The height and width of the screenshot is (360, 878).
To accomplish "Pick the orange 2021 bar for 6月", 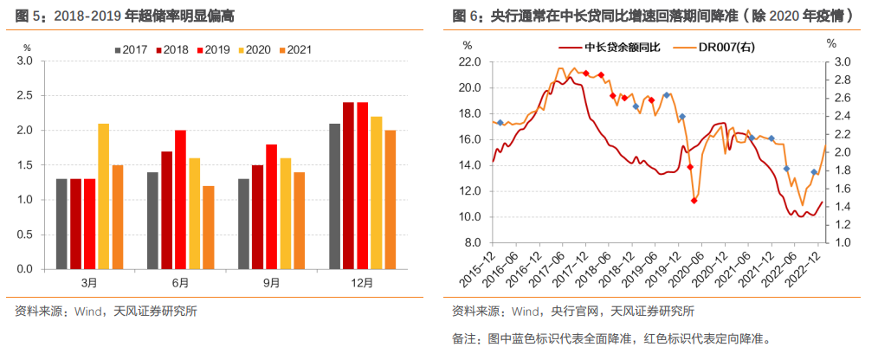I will [x=208, y=227].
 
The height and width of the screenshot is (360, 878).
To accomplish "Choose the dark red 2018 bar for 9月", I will [x=257, y=216].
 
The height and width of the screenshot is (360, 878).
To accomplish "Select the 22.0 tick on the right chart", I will [x=470, y=62].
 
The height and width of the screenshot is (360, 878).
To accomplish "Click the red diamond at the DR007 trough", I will [x=694, y=201].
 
